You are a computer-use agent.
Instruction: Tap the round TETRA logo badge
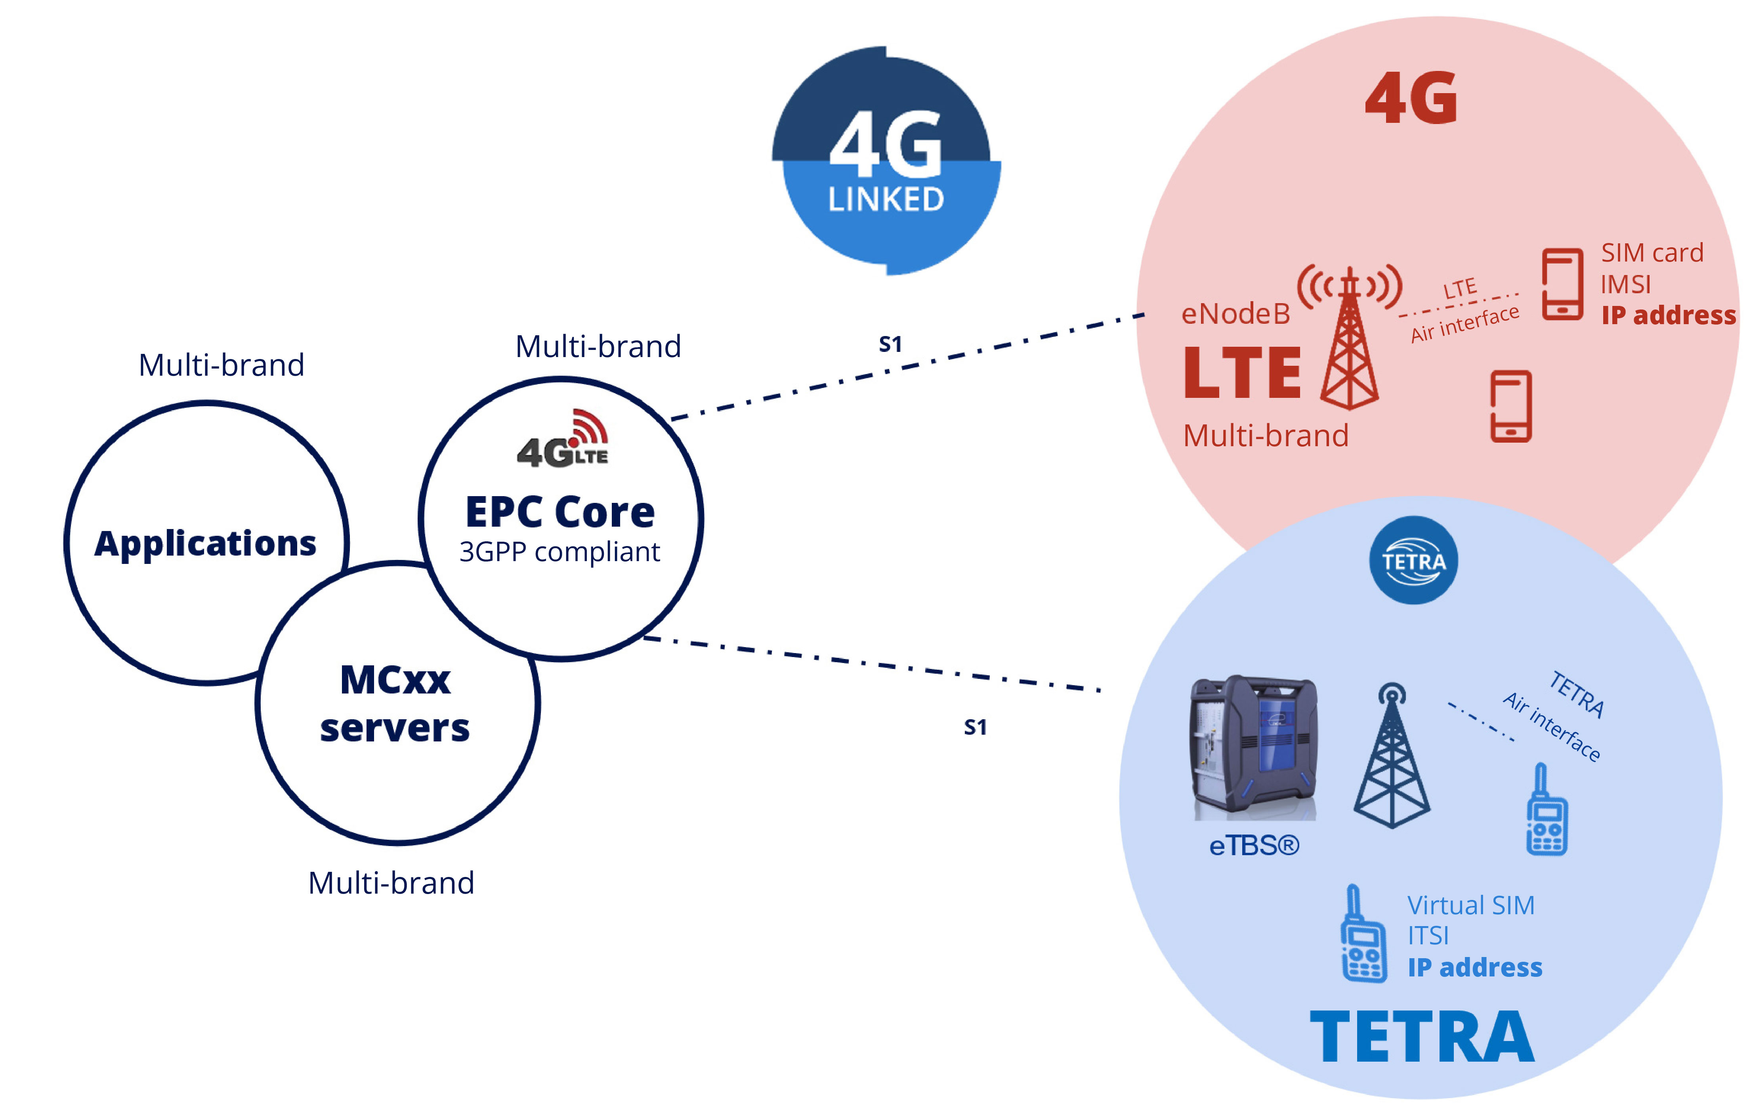1413,561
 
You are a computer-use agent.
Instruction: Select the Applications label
205,544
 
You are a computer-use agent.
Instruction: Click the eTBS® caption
1254,846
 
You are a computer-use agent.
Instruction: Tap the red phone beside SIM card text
1562,284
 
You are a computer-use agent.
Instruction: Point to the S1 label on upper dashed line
890,344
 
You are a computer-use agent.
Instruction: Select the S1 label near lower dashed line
975,727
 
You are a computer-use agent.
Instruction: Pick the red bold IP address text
1668,315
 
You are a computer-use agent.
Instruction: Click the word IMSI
1626,284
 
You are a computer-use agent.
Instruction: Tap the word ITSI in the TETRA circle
1428,936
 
